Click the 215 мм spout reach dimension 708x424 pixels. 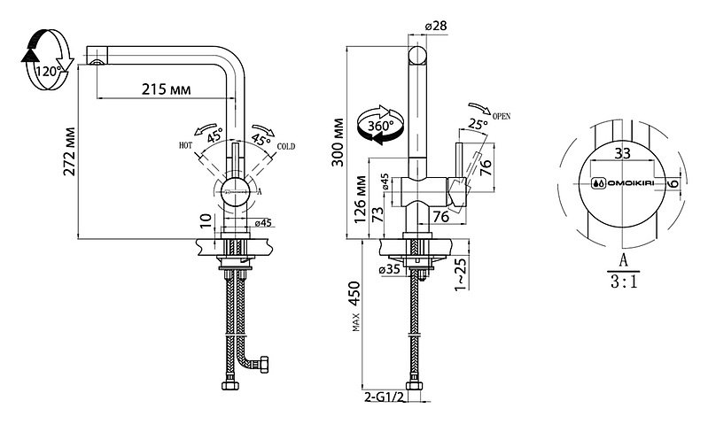tap(167, 89)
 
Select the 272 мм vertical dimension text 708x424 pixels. tap(69, 151)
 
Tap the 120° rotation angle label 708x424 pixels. tap(49, 72)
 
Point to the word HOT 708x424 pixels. tap(185, 145)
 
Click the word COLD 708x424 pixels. tap(286, 146)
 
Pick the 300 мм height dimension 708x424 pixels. tap(338, 143)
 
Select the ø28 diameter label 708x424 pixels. tap(436, 27)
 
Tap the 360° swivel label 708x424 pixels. tap(380, 126)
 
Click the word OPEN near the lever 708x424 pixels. tap(502, 116)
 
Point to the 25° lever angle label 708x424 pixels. tap(478, 124)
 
